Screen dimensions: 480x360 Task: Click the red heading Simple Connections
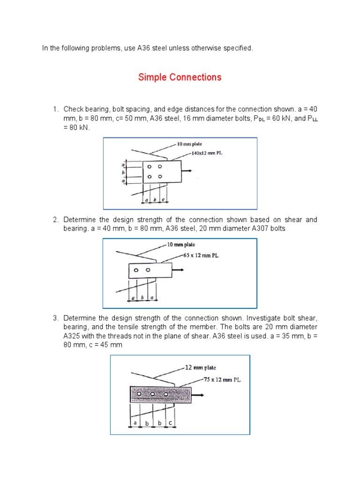[x=180, y=77]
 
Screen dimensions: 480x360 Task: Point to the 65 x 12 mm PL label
[x=201, y=256]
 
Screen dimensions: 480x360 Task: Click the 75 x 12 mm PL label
[x=222, y=380]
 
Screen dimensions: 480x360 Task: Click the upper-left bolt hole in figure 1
[x=149, y=166]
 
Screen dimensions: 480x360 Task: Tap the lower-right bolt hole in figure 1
[x=160, y=177]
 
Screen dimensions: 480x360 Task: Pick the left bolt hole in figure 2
[x=136, y=270]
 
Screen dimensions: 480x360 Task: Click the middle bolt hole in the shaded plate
[x=153, y=395]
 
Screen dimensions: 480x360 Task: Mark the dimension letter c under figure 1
[x=162, y=200]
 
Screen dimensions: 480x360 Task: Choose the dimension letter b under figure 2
[x=142, y=297]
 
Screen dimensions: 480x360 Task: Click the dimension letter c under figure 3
[x=170, y=423]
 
